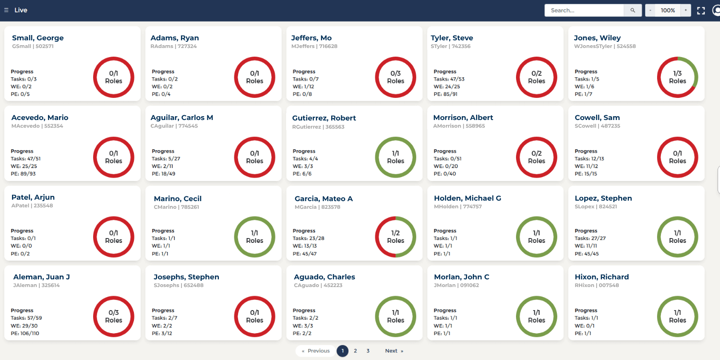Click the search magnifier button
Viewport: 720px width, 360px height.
pyautogui.click(x=633, y=10)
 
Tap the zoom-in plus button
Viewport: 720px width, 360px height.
pyautogui.click(x=685, y=10)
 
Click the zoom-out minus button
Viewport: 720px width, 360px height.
pyautogui.click(x=650, y=10)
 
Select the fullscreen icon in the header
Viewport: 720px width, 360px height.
pyautogui.click(x=701, y=11)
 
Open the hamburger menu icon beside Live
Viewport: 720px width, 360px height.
pyautogui.click(x=6, y=10)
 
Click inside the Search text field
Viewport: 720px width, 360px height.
pyautogui.click(x=584, y=10)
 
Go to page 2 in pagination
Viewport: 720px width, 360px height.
pyautogui.click(x=355, y=351)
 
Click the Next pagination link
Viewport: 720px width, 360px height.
pyautogui.click(x=394, y=351)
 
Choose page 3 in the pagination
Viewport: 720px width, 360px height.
pyautogui.click(x=368, y=351)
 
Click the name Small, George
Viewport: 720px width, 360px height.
pyautogui.click(x=38, y=38)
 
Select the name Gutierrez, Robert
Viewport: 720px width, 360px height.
pyautogui.click(x=324, y=118)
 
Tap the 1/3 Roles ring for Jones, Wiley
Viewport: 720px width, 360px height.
pyautogui.click(x=677, y=77)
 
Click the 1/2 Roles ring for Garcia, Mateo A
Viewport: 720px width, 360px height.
pyautogui.click(x=396, y=237)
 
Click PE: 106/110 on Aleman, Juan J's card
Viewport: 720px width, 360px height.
pyautogui.click(x=25, y=333)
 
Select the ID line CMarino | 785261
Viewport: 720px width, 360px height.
pyautogui.click(x=176, y=207)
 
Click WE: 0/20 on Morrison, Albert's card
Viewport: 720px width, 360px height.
pyautogui.click(x=446, y=166)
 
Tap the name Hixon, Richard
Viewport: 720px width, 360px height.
pyautogui.click(x=601, y=277)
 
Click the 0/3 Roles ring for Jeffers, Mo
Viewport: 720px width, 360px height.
pyautogui.click(x=396, y=77)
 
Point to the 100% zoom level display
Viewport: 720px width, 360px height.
pyautogui.click(x=668, y=10)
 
